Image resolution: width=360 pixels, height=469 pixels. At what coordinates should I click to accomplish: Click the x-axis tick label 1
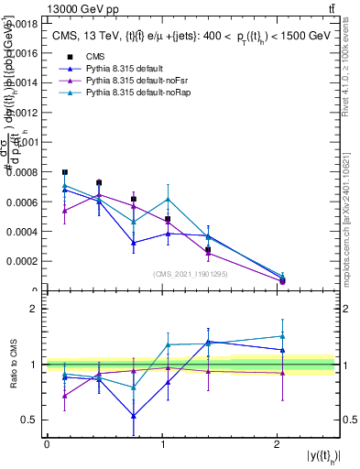click(x=162, y=444)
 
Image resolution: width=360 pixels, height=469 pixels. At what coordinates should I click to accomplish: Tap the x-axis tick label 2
click(x=277, y=444)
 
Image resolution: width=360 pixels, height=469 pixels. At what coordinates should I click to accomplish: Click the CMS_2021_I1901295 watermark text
click(x=191, y=273)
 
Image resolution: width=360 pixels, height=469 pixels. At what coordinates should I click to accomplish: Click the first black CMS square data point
click(x=64, y=172)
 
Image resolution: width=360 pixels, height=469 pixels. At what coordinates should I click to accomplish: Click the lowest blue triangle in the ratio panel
click(x=134, y=416)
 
